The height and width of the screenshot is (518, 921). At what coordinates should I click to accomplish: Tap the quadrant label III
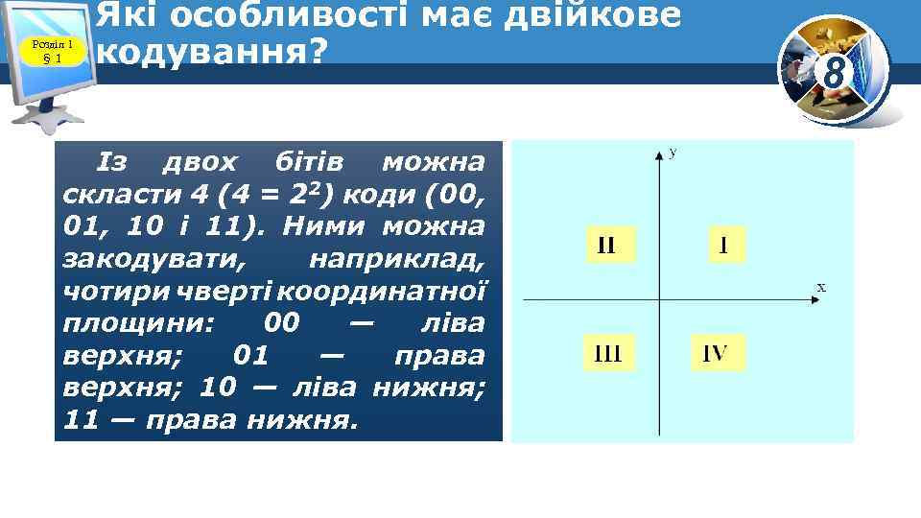(x=608, y=354)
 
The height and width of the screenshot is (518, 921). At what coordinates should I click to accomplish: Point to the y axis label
(x=673, y=152)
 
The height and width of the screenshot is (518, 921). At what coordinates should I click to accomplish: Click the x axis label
(x=821, y=286)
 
